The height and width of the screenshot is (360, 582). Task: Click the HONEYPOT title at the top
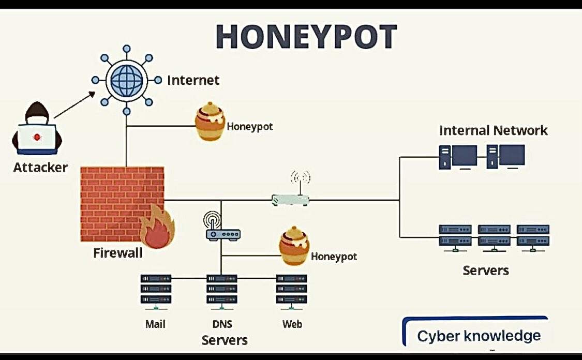[x=306, y=37]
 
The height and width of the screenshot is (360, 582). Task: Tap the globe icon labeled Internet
[x=126, y=80]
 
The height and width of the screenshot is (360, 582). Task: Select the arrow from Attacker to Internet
[x=74, y=106]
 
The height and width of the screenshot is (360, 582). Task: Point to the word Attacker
[x=40, y=168]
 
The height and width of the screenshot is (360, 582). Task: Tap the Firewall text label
[x=117, y=253]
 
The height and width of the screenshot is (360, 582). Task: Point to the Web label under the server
[x=292, y=324]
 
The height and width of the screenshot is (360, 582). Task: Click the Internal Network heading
[x=493, y=130]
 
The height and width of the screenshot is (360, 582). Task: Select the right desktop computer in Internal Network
[x=505, y=157]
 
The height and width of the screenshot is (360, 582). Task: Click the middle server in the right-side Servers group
[x=494, y=237]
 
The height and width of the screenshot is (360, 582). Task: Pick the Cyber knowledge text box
[x=479, y=335]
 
